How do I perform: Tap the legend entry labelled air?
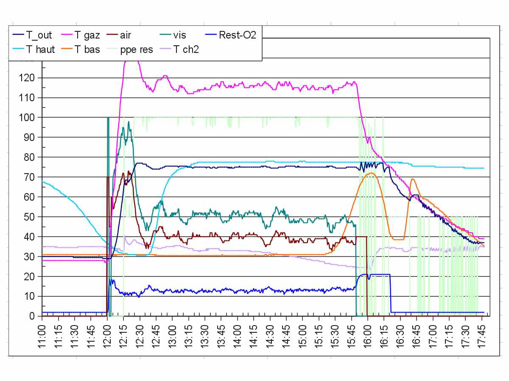[125, 35]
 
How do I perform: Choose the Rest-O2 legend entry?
[238, 35]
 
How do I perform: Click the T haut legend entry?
[40, 49]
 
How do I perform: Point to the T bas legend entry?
[87, 49]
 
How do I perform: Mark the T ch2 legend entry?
[187, 49]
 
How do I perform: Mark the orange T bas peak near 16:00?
[372, 173]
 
